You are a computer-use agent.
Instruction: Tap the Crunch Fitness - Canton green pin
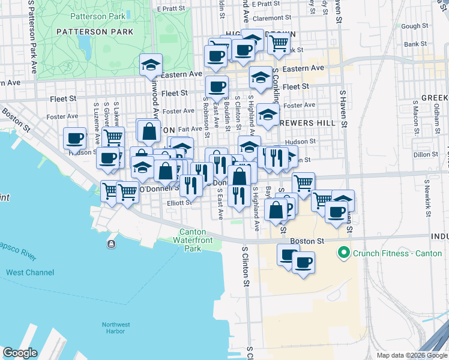point(344,253)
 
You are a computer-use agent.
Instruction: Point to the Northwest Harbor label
point(113,328)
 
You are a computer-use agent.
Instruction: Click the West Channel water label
point(30,272)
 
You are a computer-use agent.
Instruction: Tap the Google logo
point(20,353)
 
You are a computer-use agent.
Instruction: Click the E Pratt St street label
point(173,9)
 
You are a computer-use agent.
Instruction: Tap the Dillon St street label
point(426,154)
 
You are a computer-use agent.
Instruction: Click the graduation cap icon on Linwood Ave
point(151,64)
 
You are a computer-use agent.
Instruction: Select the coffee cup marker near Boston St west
point(75,138)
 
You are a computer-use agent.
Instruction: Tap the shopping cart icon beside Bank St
point(279,42)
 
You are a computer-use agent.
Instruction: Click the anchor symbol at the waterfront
point(111,244)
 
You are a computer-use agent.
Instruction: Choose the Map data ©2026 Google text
point(411,355)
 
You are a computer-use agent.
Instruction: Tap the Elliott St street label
point(179,203)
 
